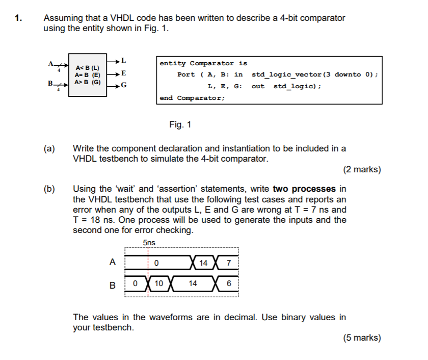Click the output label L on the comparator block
(124, 61)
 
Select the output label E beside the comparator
(124, 73)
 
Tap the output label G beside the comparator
(124, 85)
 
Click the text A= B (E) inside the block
(88, 74)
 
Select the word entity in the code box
(173, 63)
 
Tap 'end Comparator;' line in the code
(192, 97)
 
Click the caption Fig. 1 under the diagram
(180, 124)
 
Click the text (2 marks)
(362, 169)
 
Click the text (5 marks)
(362, 338)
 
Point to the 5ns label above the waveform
(149, 243)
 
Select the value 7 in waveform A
(228, 263)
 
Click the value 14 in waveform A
(203, 263)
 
